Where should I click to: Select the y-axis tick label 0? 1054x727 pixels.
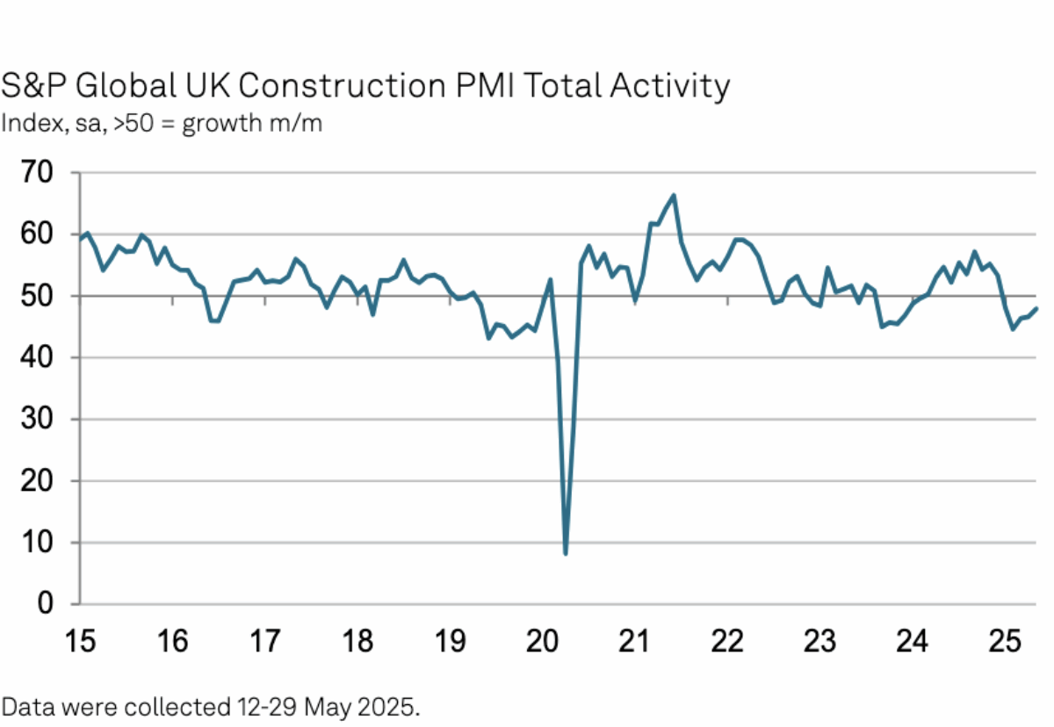coord(45,604)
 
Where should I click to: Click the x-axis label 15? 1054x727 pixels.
coord(80,642)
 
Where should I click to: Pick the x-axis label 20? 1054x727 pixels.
coord(542,642)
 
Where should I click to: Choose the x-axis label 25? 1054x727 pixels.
coord(1004,642)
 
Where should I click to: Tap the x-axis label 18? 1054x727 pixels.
coord(357,642)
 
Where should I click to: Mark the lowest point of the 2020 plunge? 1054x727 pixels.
coord(566,553)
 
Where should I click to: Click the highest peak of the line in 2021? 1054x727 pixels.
coord(673,195)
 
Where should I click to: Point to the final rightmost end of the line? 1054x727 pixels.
coord(1036,308)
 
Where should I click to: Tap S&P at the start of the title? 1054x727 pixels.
coord(33,86)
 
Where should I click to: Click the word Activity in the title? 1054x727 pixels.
coord(675,86)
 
